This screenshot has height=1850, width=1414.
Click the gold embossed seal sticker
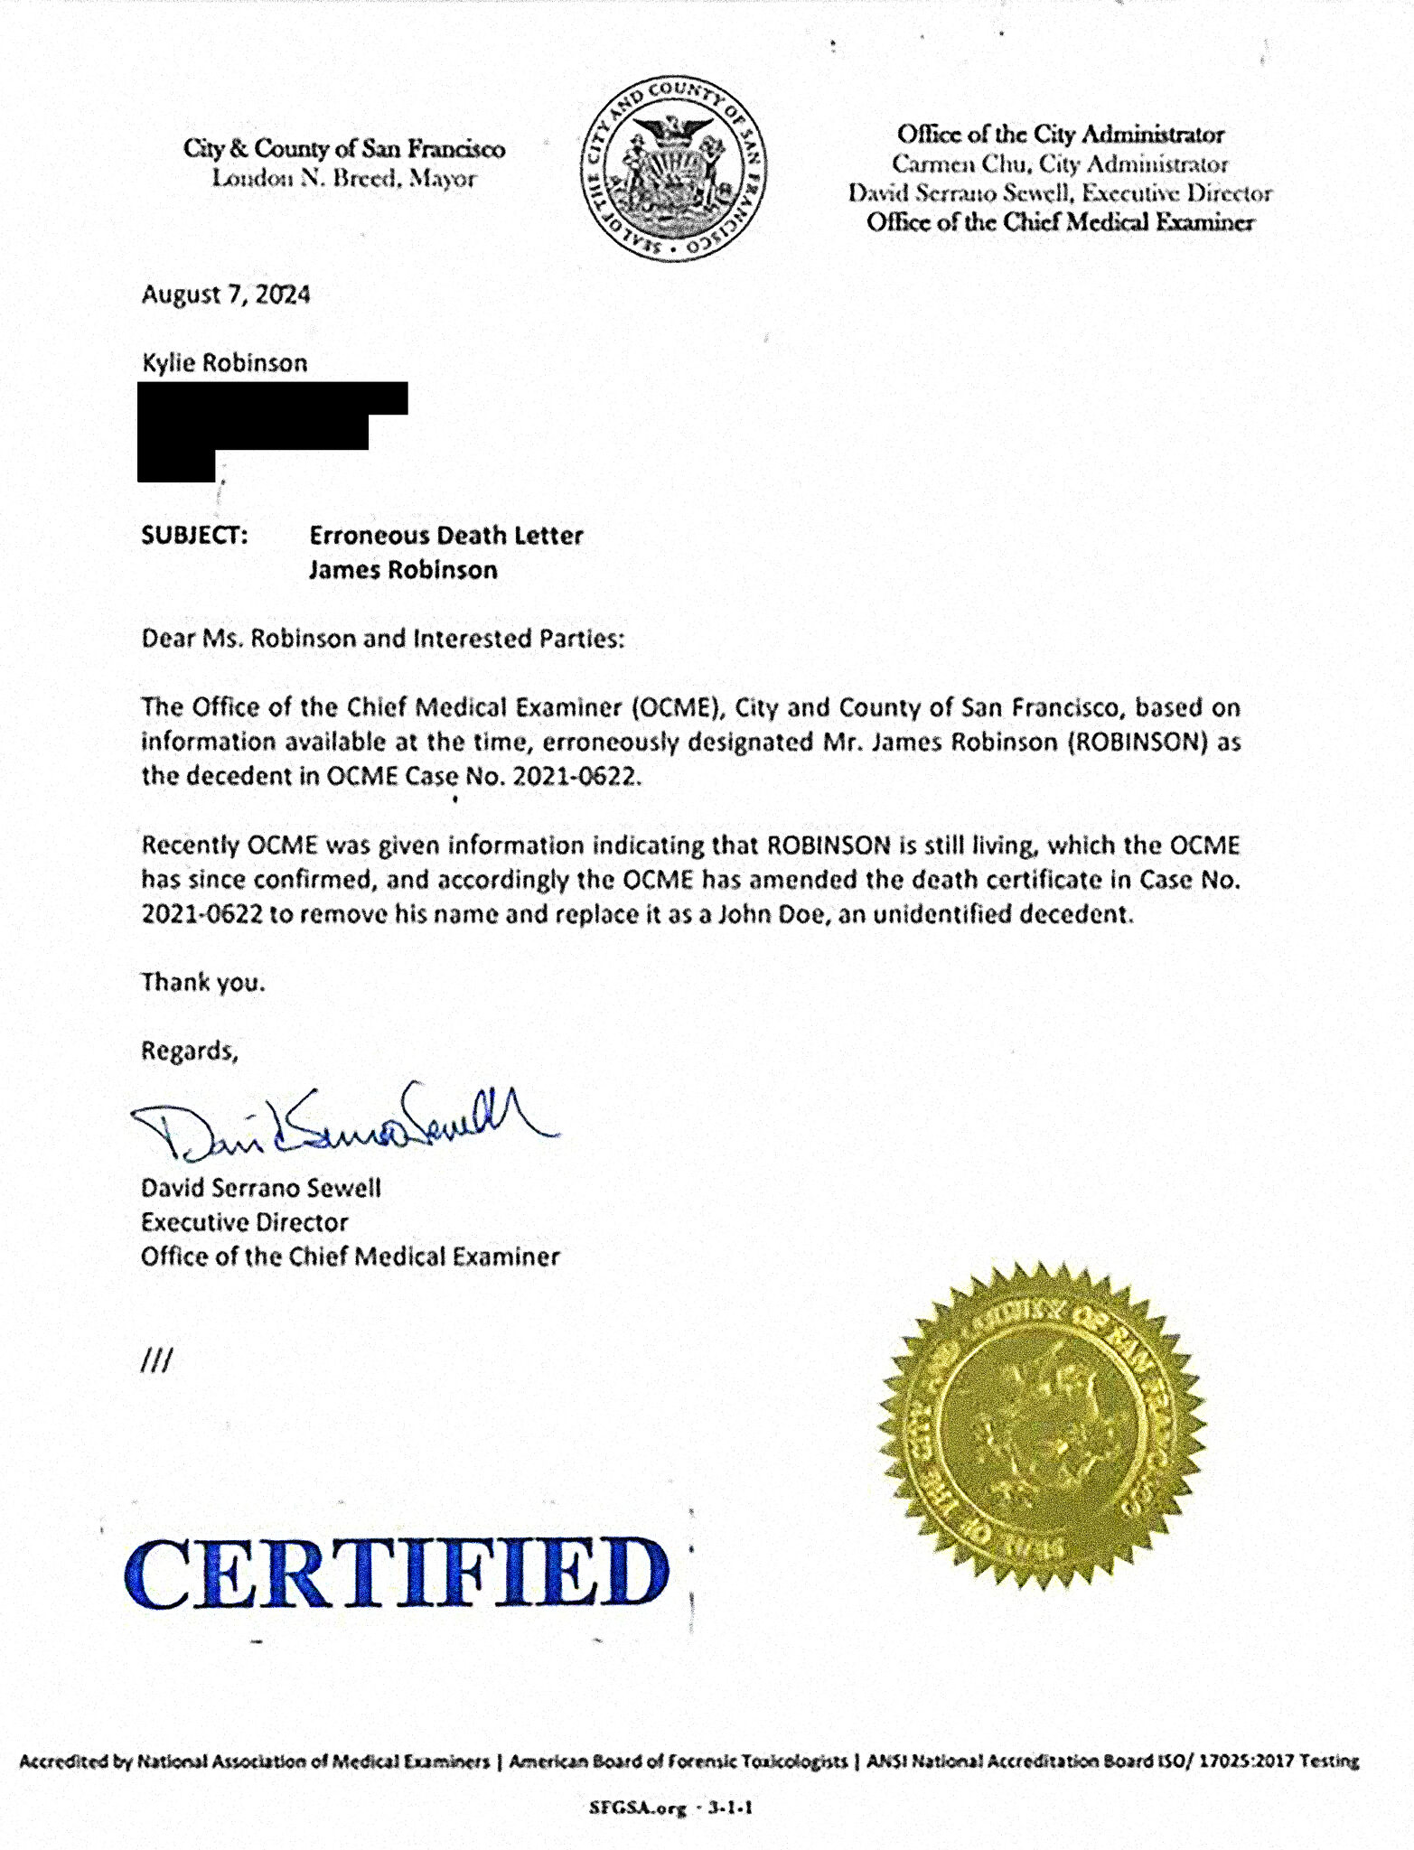(x=1042, y=1427)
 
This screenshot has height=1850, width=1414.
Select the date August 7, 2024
(x=226, y=294)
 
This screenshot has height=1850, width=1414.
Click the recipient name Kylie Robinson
(x=225, y=363)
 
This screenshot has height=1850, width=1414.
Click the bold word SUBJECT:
(x=194, y=536)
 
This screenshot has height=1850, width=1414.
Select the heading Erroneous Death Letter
(x=446, y=536)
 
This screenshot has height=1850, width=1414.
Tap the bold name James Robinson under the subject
(x=403, y=570)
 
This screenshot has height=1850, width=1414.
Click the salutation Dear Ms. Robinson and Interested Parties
(x=382, y=639)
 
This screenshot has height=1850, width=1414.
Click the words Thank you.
(x=203, y=982)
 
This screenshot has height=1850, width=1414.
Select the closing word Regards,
(x=190, y=1051)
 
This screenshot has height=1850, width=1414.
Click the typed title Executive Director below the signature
(x=244, y=1222)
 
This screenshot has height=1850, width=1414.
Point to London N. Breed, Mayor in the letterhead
(x=343, y=178)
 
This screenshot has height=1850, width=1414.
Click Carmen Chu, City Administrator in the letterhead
(x=1060, y=164)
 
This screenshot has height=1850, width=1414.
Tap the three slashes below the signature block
(x=156, y=1360)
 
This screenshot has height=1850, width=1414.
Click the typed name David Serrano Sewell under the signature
(x=261, y=1188)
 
